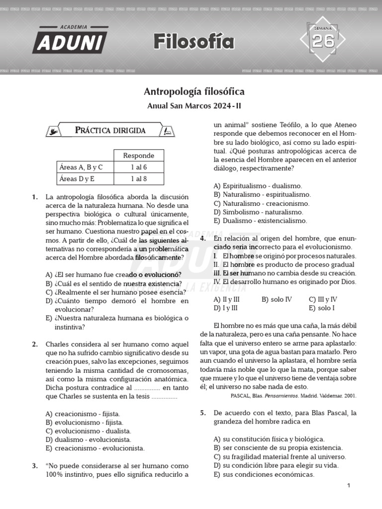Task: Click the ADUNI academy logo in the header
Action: [70, 40]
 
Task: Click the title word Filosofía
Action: [193, 42]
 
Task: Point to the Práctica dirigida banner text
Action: [110, 131]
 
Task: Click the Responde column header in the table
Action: [139, 156]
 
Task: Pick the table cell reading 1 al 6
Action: [139, 167]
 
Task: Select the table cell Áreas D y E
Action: [78, 179]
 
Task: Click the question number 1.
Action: [35, 197]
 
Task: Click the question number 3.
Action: [35, 466]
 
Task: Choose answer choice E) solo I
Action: [323, 308]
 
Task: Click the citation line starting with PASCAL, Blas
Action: [293, 396]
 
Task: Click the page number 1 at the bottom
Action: [349, 486]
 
